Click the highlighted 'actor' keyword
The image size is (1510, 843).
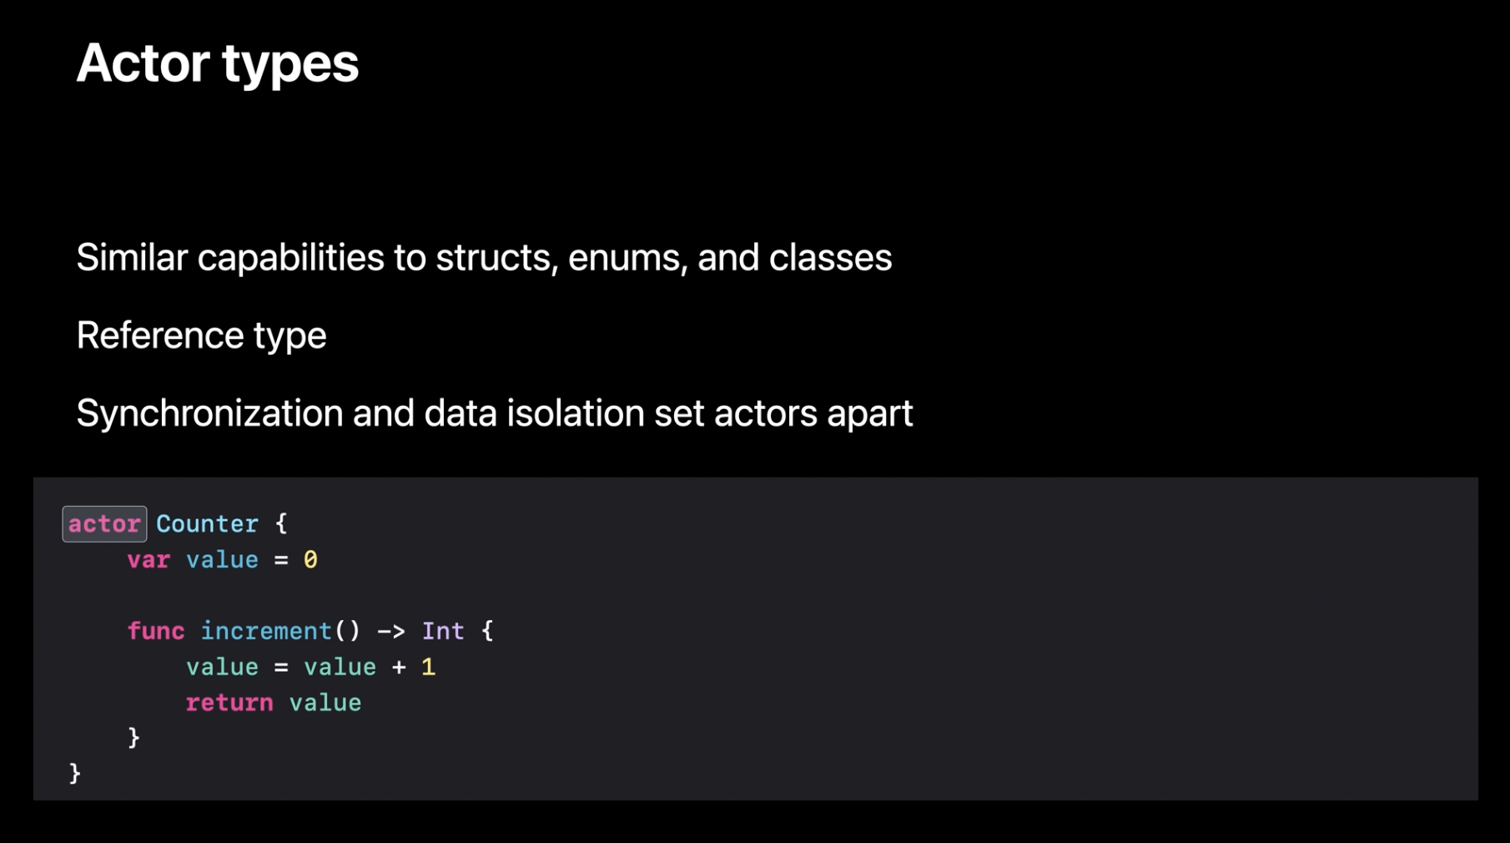pyautogui.click(x=104, y=524)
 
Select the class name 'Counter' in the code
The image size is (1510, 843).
pyautogui.click(x=207, y=524)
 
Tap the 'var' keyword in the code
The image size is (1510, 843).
pyautogui.click(x=148, y=560)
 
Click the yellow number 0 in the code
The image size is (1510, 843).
pyautogui.click(x=310, y=560)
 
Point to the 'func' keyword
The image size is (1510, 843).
pyautogui.click(x=156, y=631)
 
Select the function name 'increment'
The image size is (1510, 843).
pyautogui.click(x=266, y=631)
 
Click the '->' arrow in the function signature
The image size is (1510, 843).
pyautogui.click(x=391, y=631)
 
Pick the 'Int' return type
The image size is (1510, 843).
pyautogui.click(x=443, y=631)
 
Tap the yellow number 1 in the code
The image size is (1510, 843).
pyautogui.click(x=428, y=667)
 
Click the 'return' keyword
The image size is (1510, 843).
pyautogui.click(x=229, y=703)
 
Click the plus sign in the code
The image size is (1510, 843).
pyautogui.click(x=399, y=667)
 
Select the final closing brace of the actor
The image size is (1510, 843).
pyautogui.click(x=75, y=774)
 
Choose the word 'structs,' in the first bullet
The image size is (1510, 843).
pyautogui.click(x=496, y=258)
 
